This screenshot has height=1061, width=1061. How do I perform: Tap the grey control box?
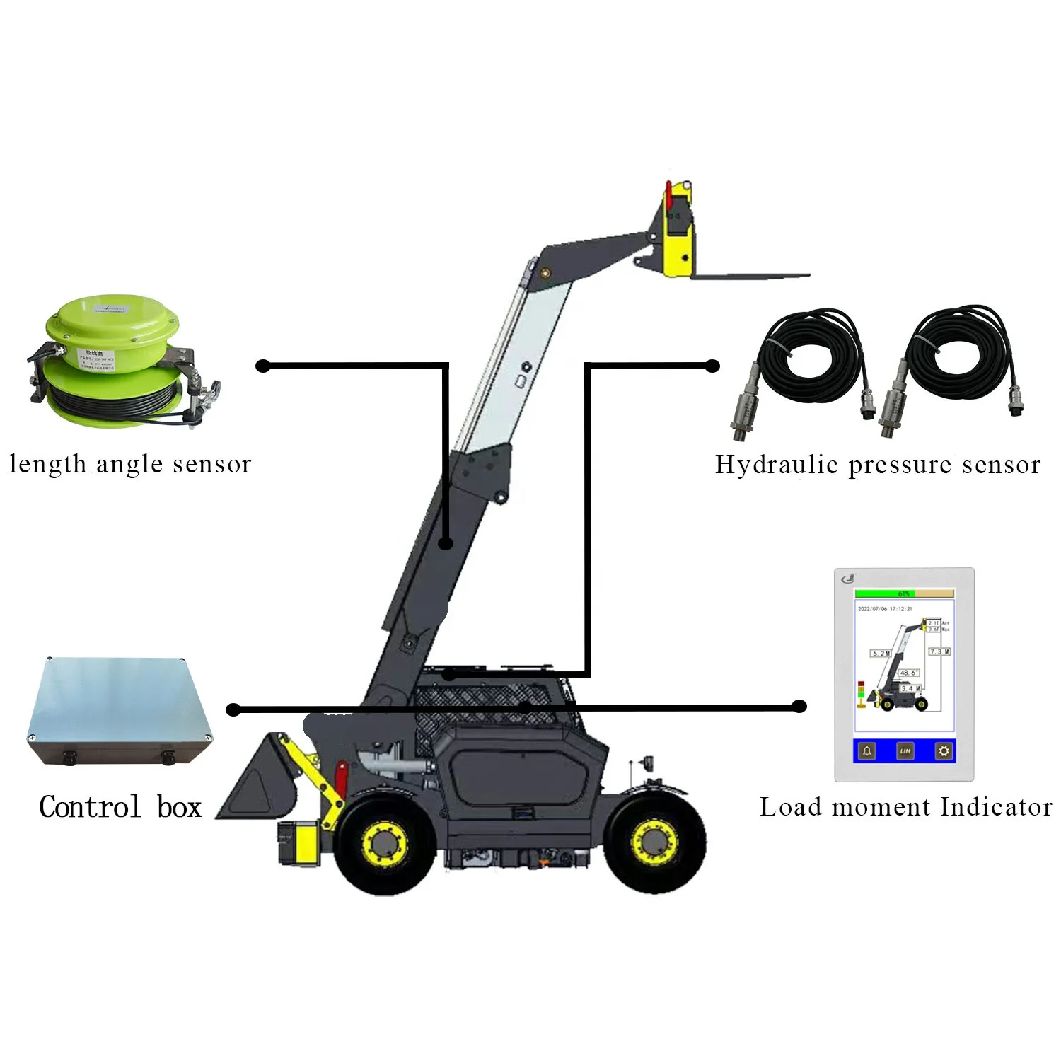tap(119, 711)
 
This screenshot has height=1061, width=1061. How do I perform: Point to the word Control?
tap(90, 807)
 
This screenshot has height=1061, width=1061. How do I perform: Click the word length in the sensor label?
tap(47, 465)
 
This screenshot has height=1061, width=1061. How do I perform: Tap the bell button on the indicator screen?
tap(867, 751)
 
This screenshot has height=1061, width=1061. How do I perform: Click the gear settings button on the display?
tap(944, 751)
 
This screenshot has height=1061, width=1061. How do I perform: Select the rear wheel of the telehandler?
tap(656, 841)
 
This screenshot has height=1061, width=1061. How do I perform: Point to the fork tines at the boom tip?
tap(750, 276)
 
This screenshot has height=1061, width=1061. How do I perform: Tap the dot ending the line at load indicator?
tap(799, 706)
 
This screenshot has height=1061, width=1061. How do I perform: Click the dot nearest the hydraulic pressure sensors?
tap(713, 366)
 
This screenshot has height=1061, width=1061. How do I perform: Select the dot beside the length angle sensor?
tap(263, 366)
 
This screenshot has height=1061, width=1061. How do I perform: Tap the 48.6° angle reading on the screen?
tap(908, 673)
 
